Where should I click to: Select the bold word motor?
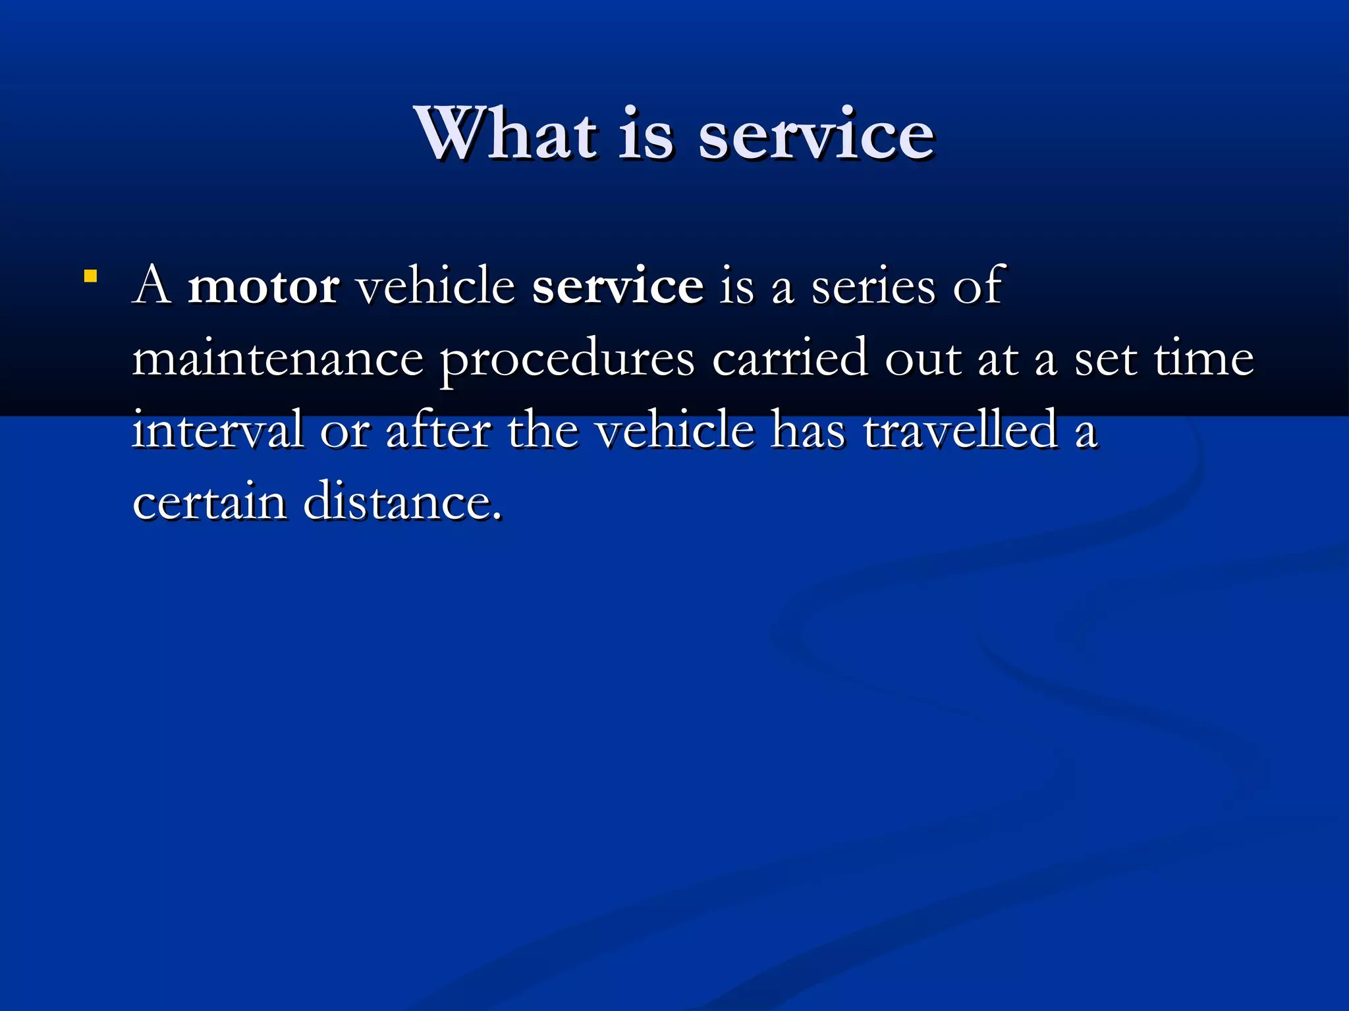pyautogui.click(x=263, y=286)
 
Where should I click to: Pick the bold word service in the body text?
pyautogui.click(x=617, y=287)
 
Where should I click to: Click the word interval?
pyautogui.click(x=217, y=430)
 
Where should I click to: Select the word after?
pyautogui.click(x=438, y=430)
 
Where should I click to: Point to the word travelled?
pyautogui.click(x=960, y=430)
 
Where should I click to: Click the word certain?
pyautogui.click(x=209, y=502)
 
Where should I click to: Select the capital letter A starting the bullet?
pyautogui.click(x=152, y=286)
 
